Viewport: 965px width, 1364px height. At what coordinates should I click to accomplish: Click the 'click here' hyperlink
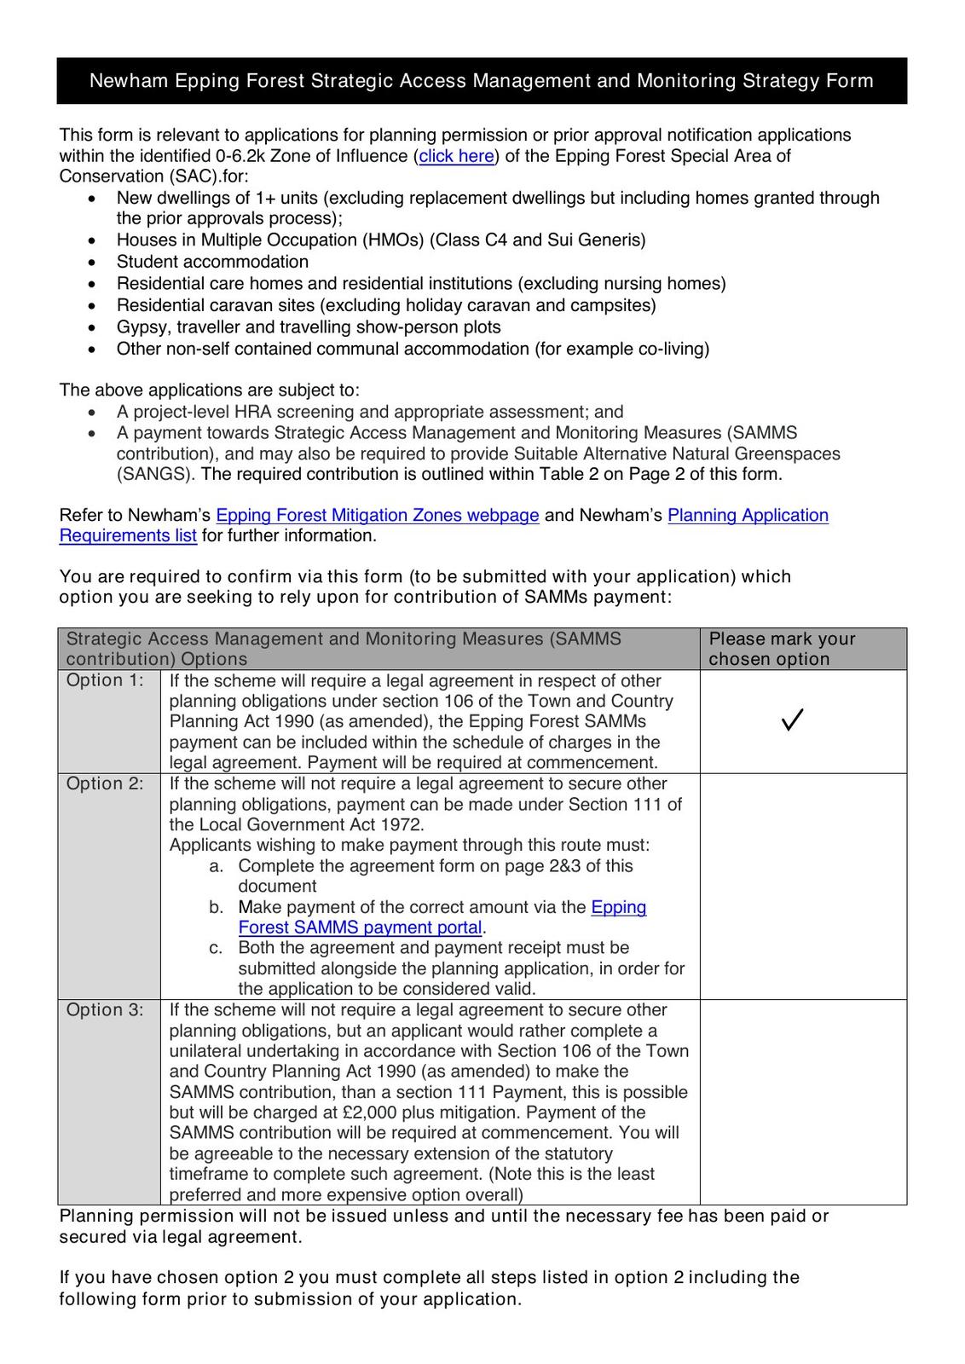coord(456,156)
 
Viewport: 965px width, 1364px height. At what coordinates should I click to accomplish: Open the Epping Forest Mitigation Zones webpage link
coord(377,515)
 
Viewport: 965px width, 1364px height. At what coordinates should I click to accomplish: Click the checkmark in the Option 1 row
coord(792,720)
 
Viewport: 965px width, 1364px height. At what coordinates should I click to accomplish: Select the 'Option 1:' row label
coord(105,680)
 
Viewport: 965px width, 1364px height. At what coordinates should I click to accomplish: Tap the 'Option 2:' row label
coord(105,783)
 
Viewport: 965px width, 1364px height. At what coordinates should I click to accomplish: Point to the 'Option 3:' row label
coord(105,1009)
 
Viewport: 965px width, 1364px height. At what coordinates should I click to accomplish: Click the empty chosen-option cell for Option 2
coord(802,886)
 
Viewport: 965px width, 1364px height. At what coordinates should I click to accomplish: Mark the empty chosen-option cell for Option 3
coord(802,1101)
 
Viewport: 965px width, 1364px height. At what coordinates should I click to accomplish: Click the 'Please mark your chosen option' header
coord(782,649)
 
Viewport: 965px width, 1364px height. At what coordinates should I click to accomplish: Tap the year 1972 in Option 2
coord(402,824)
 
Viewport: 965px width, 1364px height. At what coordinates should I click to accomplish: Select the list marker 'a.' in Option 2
coord(217,866)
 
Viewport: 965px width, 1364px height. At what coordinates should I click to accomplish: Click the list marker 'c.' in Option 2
coord(217,948)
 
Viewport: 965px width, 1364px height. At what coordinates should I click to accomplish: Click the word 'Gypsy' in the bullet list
coord(142,327)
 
